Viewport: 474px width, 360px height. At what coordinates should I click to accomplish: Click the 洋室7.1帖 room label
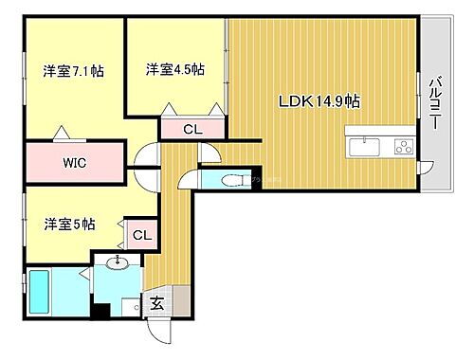pyautogui.click(x=72, y=71)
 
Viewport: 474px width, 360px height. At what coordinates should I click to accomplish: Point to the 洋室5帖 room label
pyautogui.click(x=68, y=225)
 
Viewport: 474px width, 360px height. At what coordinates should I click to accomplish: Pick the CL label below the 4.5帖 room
pyautogui.click(x=191, y=130)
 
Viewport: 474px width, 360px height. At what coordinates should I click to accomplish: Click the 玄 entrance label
pyautogui.click(x=155, y=305)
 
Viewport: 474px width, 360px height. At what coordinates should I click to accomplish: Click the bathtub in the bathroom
pyautogui.click(x=41, y=293)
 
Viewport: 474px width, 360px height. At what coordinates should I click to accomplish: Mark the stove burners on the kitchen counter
pyautogui.click(x=402, y=146)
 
